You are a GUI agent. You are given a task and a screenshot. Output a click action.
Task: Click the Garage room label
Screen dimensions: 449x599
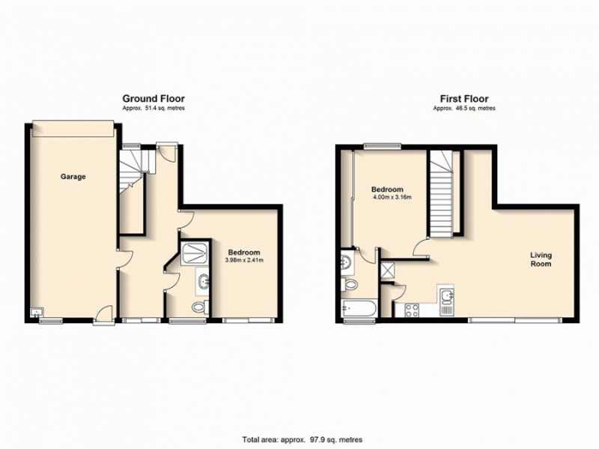[74, 177]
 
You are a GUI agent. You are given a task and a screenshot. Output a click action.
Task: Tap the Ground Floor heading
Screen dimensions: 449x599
[153, 99]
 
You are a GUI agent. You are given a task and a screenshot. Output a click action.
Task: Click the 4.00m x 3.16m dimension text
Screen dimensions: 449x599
[392, 198]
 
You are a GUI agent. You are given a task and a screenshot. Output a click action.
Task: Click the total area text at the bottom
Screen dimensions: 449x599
[298, 439]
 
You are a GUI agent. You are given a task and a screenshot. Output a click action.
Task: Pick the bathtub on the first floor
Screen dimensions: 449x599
[358, 308]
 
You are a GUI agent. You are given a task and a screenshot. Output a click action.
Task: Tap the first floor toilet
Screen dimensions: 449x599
[349, 285]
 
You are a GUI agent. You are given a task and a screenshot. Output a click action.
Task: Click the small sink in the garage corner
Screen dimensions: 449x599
[36, 311]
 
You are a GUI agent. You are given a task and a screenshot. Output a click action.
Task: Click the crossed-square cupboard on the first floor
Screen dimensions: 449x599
[389, 269]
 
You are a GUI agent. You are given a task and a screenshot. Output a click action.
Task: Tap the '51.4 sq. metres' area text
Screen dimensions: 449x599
[153, 109]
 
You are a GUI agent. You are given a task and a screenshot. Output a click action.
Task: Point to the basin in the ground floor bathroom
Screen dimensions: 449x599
[204, 281]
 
